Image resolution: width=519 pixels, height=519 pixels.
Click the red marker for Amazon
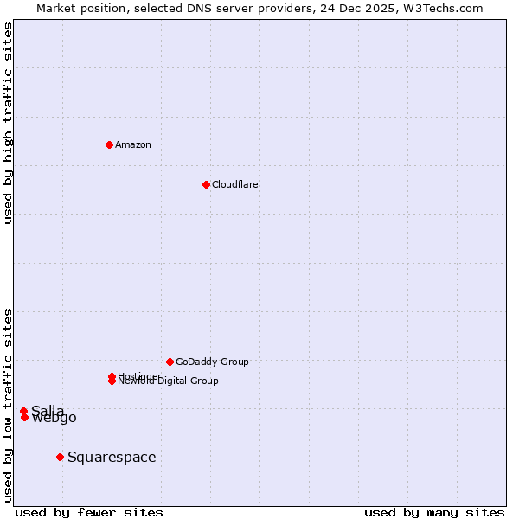pos(109,144)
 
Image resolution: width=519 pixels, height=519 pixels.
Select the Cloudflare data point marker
pos(206,184)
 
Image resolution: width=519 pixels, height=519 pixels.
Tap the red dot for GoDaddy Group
pos(170,362)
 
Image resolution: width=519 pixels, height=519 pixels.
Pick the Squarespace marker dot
pos(60,457)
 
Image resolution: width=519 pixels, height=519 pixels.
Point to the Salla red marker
pos(23,411)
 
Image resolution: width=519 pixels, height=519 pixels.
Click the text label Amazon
pos(133,144)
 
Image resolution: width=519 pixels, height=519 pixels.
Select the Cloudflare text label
pos(235,184)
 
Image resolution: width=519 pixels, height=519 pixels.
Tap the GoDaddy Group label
pos(212,362)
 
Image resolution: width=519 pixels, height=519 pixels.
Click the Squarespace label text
pos(112,457)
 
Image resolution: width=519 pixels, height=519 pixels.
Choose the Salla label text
pos(48,410)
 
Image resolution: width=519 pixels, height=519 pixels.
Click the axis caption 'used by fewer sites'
pos(89,512)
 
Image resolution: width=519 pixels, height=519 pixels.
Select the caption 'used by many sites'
pos(434,512)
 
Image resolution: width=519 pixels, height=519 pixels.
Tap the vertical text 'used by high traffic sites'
pos(8,123)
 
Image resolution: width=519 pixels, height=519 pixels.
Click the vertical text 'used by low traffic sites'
pos(8,404)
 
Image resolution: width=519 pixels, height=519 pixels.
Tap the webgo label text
pos(54,419)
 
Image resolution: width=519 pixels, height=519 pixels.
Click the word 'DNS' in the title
pos(197,8)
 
